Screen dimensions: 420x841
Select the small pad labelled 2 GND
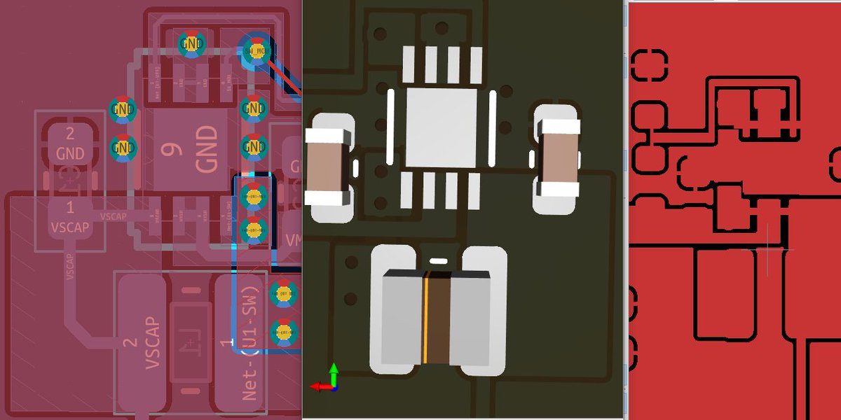[69, 143]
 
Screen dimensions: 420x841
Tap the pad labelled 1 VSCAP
[69, 217]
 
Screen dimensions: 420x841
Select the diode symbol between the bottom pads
[188, 343]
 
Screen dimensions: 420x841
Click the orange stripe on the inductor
[425, 318]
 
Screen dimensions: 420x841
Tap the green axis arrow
[334, 371]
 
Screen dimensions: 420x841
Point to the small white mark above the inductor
[438, 260]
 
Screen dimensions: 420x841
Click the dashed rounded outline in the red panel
[650, 65]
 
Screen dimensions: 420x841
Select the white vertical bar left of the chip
[390, 126]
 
